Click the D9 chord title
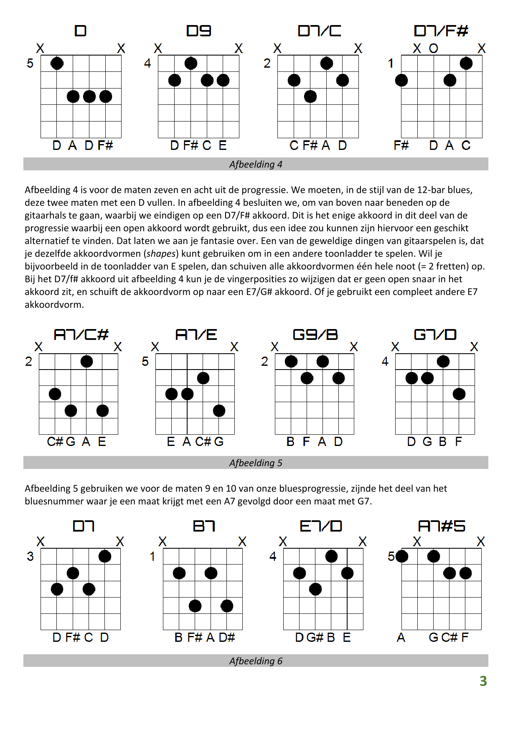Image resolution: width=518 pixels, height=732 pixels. click(199, 31)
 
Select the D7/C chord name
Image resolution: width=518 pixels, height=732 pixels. click(320, 31)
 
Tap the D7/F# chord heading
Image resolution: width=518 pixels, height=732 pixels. click(441, 31)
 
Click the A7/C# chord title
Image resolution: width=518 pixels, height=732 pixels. click(81, 334)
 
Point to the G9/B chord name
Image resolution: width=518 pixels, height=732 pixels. click(315, 334)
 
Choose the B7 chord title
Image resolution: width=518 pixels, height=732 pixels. click(204, 526)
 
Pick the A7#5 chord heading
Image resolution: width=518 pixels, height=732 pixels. click(442, 526)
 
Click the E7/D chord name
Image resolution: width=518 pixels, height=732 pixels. click(321, 526)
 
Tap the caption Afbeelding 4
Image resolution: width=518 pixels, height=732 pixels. click(256, 164)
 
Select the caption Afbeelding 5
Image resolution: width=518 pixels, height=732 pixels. click(256, 463)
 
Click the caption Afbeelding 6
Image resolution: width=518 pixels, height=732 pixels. click(256, 661)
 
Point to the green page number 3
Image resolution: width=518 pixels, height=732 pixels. click(483, 681)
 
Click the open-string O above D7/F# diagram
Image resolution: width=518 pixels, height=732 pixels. click(434, 48)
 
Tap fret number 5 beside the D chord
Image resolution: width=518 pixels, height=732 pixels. click(30, 63)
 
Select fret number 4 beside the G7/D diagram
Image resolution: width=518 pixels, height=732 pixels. click(385, 362)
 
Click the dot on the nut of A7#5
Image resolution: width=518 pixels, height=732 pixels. click(401, 556)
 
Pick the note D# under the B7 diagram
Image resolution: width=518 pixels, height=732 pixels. click(227, 637)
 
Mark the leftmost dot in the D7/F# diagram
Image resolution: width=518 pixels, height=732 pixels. click(401, 80)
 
